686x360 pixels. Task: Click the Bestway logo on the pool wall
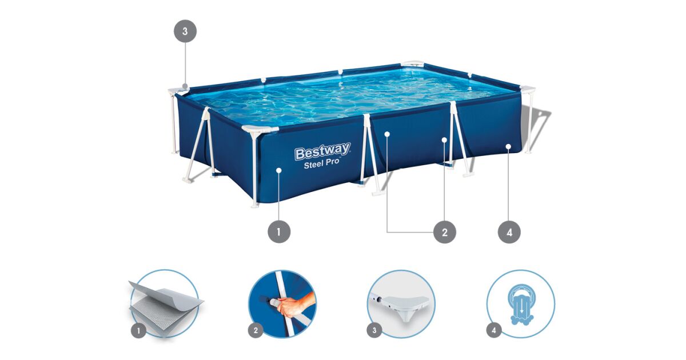[322, 151]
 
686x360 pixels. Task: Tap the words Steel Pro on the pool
[321, 163]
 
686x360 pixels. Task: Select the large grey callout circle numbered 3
[185, 31]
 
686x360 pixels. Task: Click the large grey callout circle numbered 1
[279, 232]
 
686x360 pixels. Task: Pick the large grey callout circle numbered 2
[445, 232]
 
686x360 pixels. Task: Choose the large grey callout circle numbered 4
[509, 232]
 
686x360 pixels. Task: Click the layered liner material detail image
[165, 303]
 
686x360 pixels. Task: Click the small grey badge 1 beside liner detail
[139, 331]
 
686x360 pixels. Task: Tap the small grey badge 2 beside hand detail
[256, 331]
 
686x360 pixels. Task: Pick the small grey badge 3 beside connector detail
[374, 331]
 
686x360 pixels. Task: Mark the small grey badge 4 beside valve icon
[494, 331]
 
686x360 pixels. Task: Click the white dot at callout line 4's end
[508, 147]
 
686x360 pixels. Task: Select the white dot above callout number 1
[279, 170]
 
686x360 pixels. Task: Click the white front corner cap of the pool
[260, 129]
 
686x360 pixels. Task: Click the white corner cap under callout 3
[178, 91]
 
